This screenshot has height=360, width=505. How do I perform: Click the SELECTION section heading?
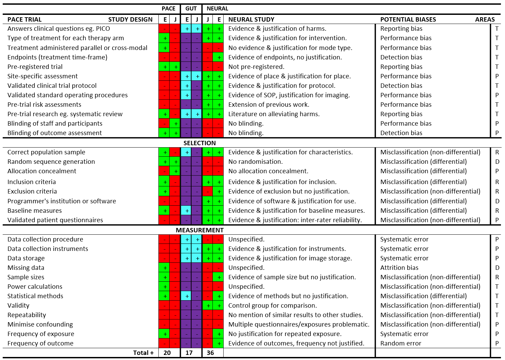coord(199,143)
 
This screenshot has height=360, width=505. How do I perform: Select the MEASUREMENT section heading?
coord(199,230)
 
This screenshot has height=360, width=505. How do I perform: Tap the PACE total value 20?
coord(167,353)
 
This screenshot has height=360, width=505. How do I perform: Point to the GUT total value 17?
coord(189,353)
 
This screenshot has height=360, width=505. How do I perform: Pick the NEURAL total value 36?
coord(210,353)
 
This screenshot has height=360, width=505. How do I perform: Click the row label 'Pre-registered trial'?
coord(35,67)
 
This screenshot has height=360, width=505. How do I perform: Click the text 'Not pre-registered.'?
coord(256,67)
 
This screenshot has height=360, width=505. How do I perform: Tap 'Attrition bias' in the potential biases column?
coord(399,267)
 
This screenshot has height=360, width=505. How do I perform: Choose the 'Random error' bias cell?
coord(401,343)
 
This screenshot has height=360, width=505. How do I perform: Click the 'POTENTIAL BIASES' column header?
coord(408,19)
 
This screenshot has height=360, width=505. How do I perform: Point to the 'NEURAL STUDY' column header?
coord(251,19)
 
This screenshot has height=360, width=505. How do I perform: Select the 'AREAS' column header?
coord(485,19)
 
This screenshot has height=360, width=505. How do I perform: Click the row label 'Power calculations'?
coord(35,286)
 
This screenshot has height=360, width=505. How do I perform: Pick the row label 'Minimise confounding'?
coord(40,324)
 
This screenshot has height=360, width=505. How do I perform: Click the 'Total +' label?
coord(143,353)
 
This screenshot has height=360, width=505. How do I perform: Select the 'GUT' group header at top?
coord(191,8)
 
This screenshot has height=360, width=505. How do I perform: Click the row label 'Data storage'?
coord(26,258)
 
